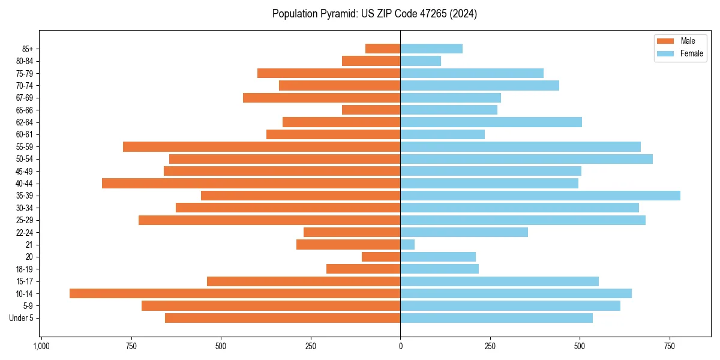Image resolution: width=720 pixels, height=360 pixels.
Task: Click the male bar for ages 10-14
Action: click(235, 293)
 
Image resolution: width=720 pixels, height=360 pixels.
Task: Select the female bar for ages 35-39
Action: click(540, 196)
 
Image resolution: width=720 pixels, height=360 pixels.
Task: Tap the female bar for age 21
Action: click(407, 245)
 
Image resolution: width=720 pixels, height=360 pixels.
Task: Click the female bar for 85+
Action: click(431, 49)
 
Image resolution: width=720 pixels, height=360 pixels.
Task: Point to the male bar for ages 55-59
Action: click(262, 146)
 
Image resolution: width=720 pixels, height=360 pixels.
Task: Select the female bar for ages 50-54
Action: click(526, 159)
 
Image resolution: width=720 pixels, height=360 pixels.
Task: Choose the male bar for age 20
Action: click(381, 257)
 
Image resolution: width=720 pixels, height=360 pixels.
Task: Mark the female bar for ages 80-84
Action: click(421, 61)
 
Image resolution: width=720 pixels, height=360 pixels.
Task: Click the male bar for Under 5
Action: click(283, 318)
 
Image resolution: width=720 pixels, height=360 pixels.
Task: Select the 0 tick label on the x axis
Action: click(400, 346)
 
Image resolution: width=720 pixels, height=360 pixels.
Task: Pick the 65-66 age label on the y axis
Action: click(25, 110)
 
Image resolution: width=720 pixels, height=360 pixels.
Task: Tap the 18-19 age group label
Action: click(25, 269)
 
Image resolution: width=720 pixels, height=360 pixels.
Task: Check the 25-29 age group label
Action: click(25, 220)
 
